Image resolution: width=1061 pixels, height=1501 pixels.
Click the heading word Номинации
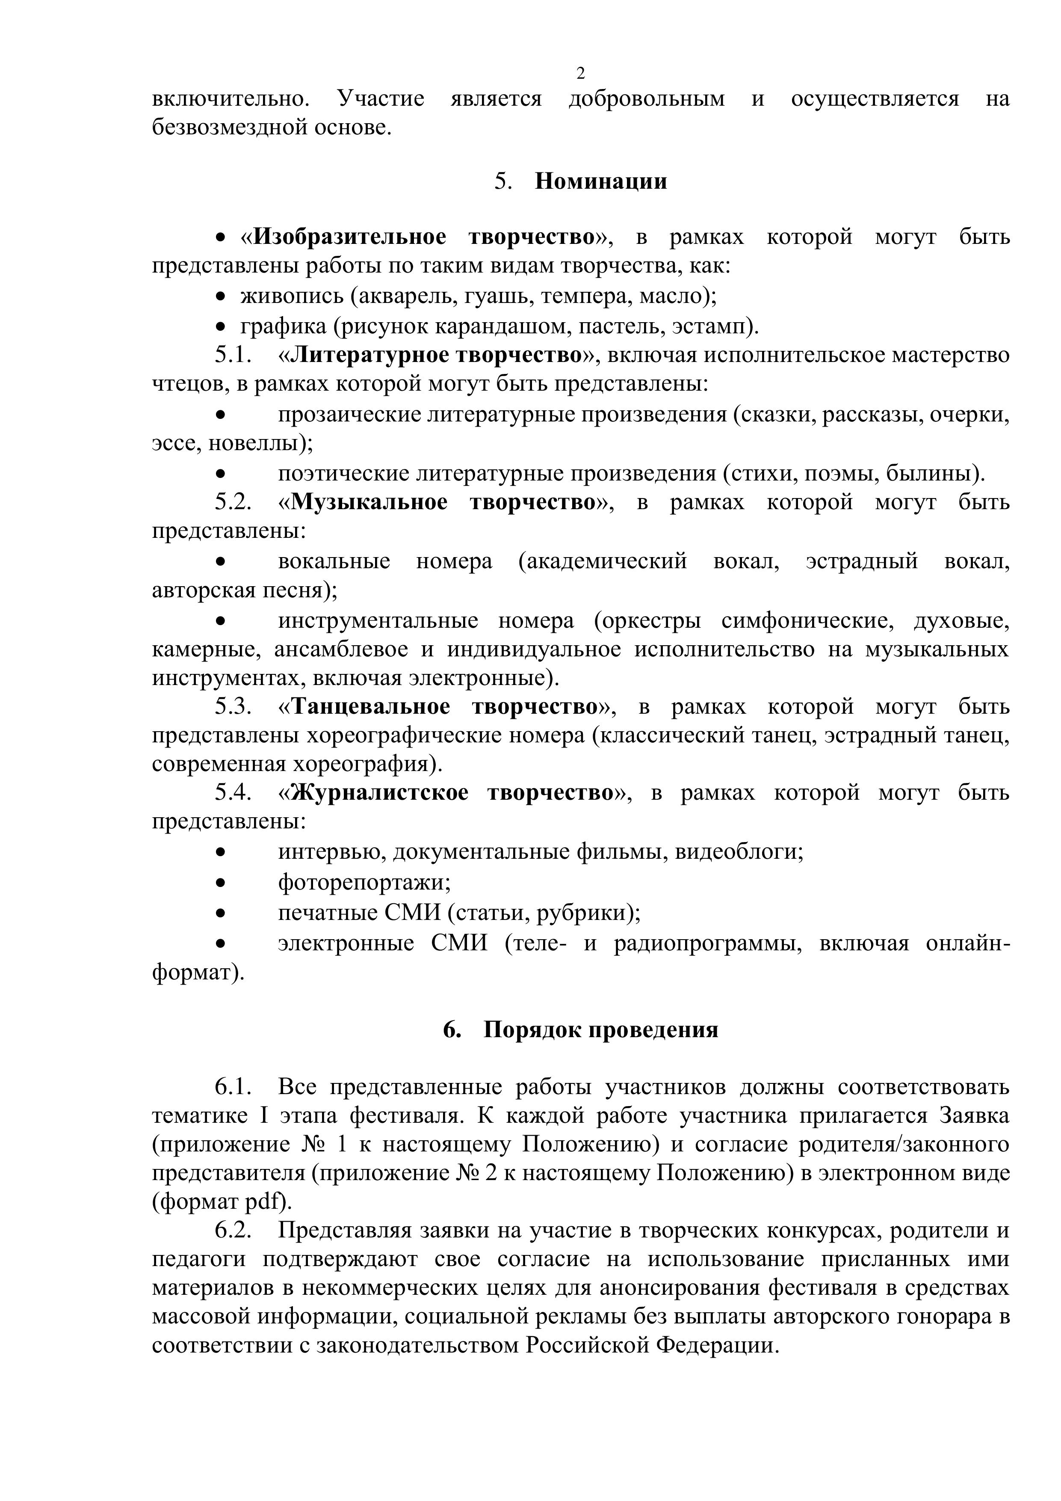(x=601, y=181)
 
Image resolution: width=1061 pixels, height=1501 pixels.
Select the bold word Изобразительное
(x=349, y=237)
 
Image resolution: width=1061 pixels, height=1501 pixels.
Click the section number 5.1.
(x=233, y=355)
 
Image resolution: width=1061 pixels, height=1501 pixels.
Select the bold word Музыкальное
(x=369, y=502)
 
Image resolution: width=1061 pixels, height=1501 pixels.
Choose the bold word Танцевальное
(x=370, y=707)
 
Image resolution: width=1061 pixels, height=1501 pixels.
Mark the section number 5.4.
(x=233, y=792)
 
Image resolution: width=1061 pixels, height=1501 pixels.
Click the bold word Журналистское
(x=380, y=792)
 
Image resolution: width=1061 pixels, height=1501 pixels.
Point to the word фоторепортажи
(x=363, y=883)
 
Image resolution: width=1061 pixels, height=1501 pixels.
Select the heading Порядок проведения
(x=600, y=1029)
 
